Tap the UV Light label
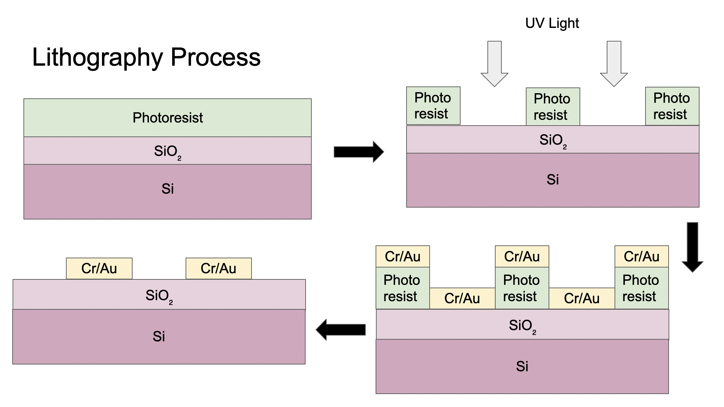[552, 23]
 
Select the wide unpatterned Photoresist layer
[168, 118]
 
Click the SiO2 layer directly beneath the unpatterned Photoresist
[168, 151]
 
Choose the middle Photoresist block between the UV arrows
[553, 107]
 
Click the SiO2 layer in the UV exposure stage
[553, 140]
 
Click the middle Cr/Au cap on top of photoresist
[522, 257]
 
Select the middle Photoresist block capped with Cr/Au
[522, 288]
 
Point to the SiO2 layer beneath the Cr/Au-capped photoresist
[522, 325]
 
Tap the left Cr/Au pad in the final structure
[99, 268]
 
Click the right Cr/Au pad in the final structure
[219, 268]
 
